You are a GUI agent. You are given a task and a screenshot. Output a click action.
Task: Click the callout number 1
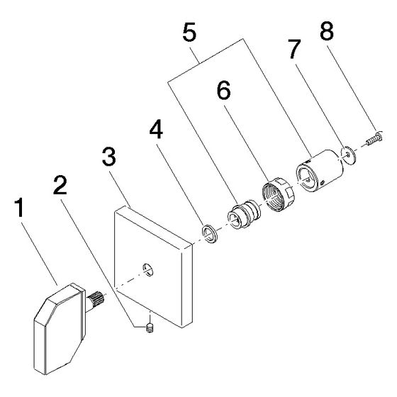(19, 208)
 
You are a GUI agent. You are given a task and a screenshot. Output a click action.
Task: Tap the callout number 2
(60, 185)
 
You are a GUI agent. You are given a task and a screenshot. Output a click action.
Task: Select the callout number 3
(109, 157)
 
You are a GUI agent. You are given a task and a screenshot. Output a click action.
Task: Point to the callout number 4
(156, 129)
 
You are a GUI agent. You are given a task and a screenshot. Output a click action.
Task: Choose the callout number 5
(189, 32)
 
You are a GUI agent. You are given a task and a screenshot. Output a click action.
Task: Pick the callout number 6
(224, 90)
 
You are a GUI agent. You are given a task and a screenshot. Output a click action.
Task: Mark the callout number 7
(294, 49)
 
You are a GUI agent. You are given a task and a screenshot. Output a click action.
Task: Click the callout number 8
(327, 30)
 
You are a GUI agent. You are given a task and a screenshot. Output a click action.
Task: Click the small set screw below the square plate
(150, 328)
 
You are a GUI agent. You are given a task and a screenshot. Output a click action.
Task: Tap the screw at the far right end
(375, 139)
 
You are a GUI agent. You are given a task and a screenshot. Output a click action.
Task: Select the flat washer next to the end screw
(349, 155)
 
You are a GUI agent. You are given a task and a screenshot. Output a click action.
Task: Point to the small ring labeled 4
(209, 233)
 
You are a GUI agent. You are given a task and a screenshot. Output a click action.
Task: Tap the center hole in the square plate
(148, 269)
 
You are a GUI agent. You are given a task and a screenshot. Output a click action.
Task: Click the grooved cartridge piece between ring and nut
(244, 214)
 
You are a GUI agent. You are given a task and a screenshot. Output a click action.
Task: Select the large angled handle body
(59, 328)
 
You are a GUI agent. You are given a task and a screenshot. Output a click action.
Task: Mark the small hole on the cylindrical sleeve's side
(323, 183)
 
